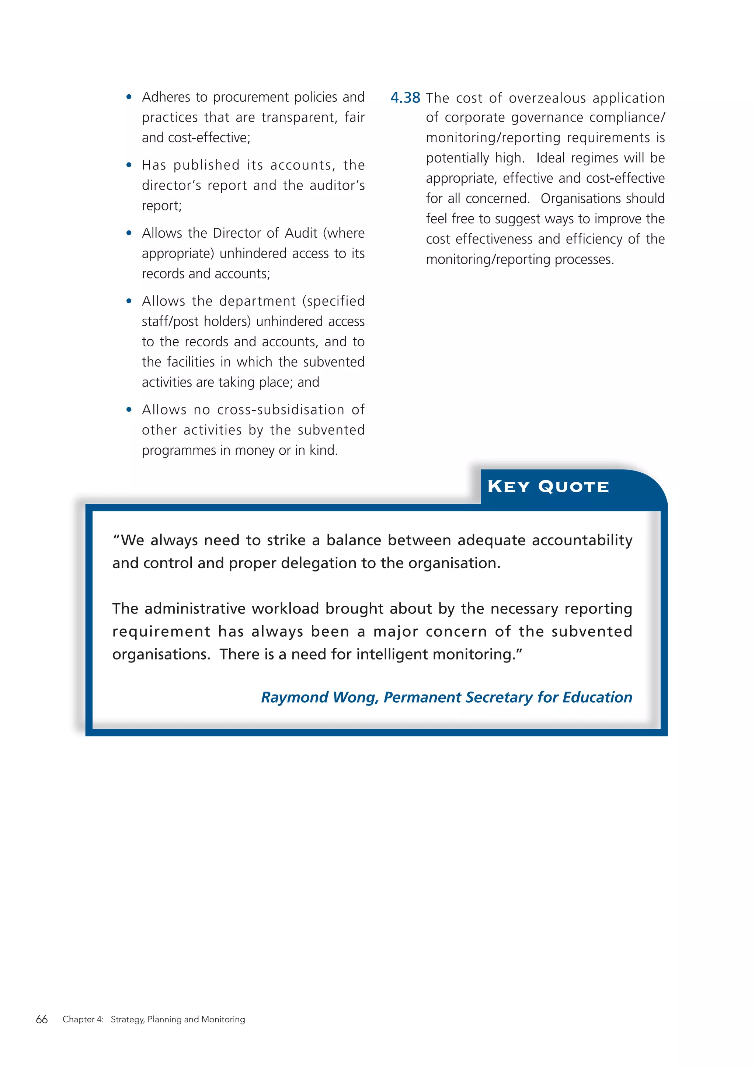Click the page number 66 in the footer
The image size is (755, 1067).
pos(42,1019)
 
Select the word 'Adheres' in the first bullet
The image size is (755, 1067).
pos(166,97)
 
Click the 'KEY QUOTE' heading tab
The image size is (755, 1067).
pos(548,487)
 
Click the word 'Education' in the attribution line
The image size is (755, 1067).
pos(597,697)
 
